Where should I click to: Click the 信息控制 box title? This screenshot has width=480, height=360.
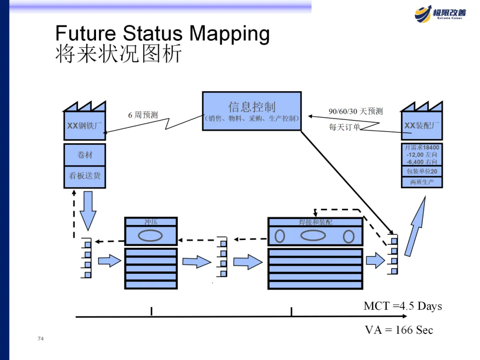[x=252, y=107]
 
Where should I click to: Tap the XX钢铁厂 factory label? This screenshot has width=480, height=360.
[x=84, y=126]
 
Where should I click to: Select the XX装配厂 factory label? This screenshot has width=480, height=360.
[x=422, y=126]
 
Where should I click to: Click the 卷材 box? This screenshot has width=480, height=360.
[x=84, y=155]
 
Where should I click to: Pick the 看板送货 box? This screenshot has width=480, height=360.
[x=84, y=176]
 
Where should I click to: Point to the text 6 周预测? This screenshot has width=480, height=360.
[x=143, y=115]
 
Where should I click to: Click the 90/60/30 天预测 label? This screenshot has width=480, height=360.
[x=356, y=111]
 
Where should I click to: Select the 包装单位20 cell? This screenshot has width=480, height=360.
[x=422, y=172]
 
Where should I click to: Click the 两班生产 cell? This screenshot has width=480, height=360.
[x=422, y=182]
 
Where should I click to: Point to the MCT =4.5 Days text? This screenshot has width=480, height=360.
[x=403, y=306]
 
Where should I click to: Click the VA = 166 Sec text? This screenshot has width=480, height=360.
[x=399, y=330]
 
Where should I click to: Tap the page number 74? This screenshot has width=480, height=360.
[x=41, y=339]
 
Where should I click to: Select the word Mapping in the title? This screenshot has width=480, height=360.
[x=228, y=34]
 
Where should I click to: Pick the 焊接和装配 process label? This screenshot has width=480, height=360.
[x=315, y=222]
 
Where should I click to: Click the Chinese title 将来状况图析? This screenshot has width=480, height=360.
[x=119, y=54]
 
